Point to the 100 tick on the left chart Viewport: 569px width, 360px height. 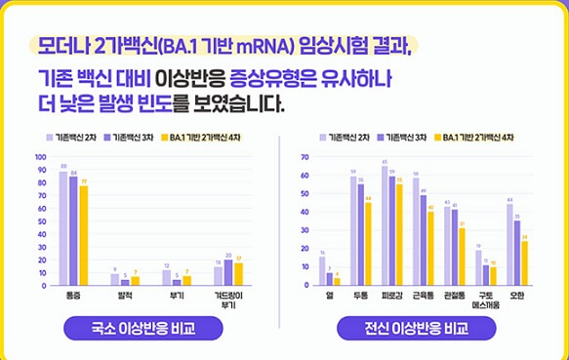tap(40, 156)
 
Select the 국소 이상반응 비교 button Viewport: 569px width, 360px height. tap(142, 329)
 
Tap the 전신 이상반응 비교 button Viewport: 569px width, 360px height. tap(415, 329)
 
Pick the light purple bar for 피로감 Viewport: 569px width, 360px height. tap(385, 225)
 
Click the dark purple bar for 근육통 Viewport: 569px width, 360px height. tap(423, 240)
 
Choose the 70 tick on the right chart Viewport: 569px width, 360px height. tap(305, 157)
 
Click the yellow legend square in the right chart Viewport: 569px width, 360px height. tap(437, 138)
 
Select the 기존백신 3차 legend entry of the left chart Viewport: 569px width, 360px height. tap(129, 138)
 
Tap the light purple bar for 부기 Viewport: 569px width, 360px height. tap(167, 277)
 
